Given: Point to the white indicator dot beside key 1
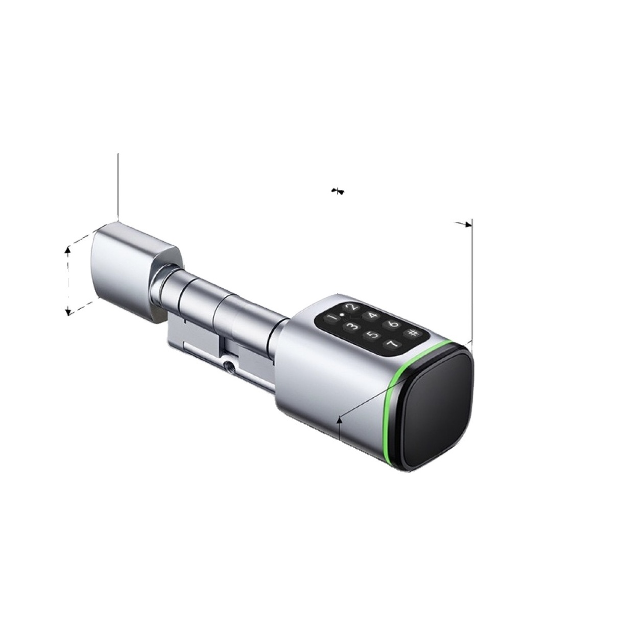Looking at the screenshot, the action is click(342, 314).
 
